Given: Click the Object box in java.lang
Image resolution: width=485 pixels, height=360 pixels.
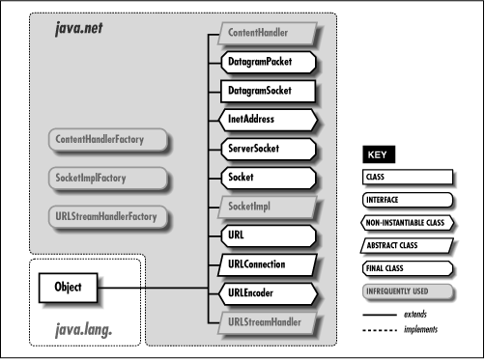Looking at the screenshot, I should coord(68,287).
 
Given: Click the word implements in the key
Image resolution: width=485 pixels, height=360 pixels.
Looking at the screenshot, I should coord(421,329).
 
